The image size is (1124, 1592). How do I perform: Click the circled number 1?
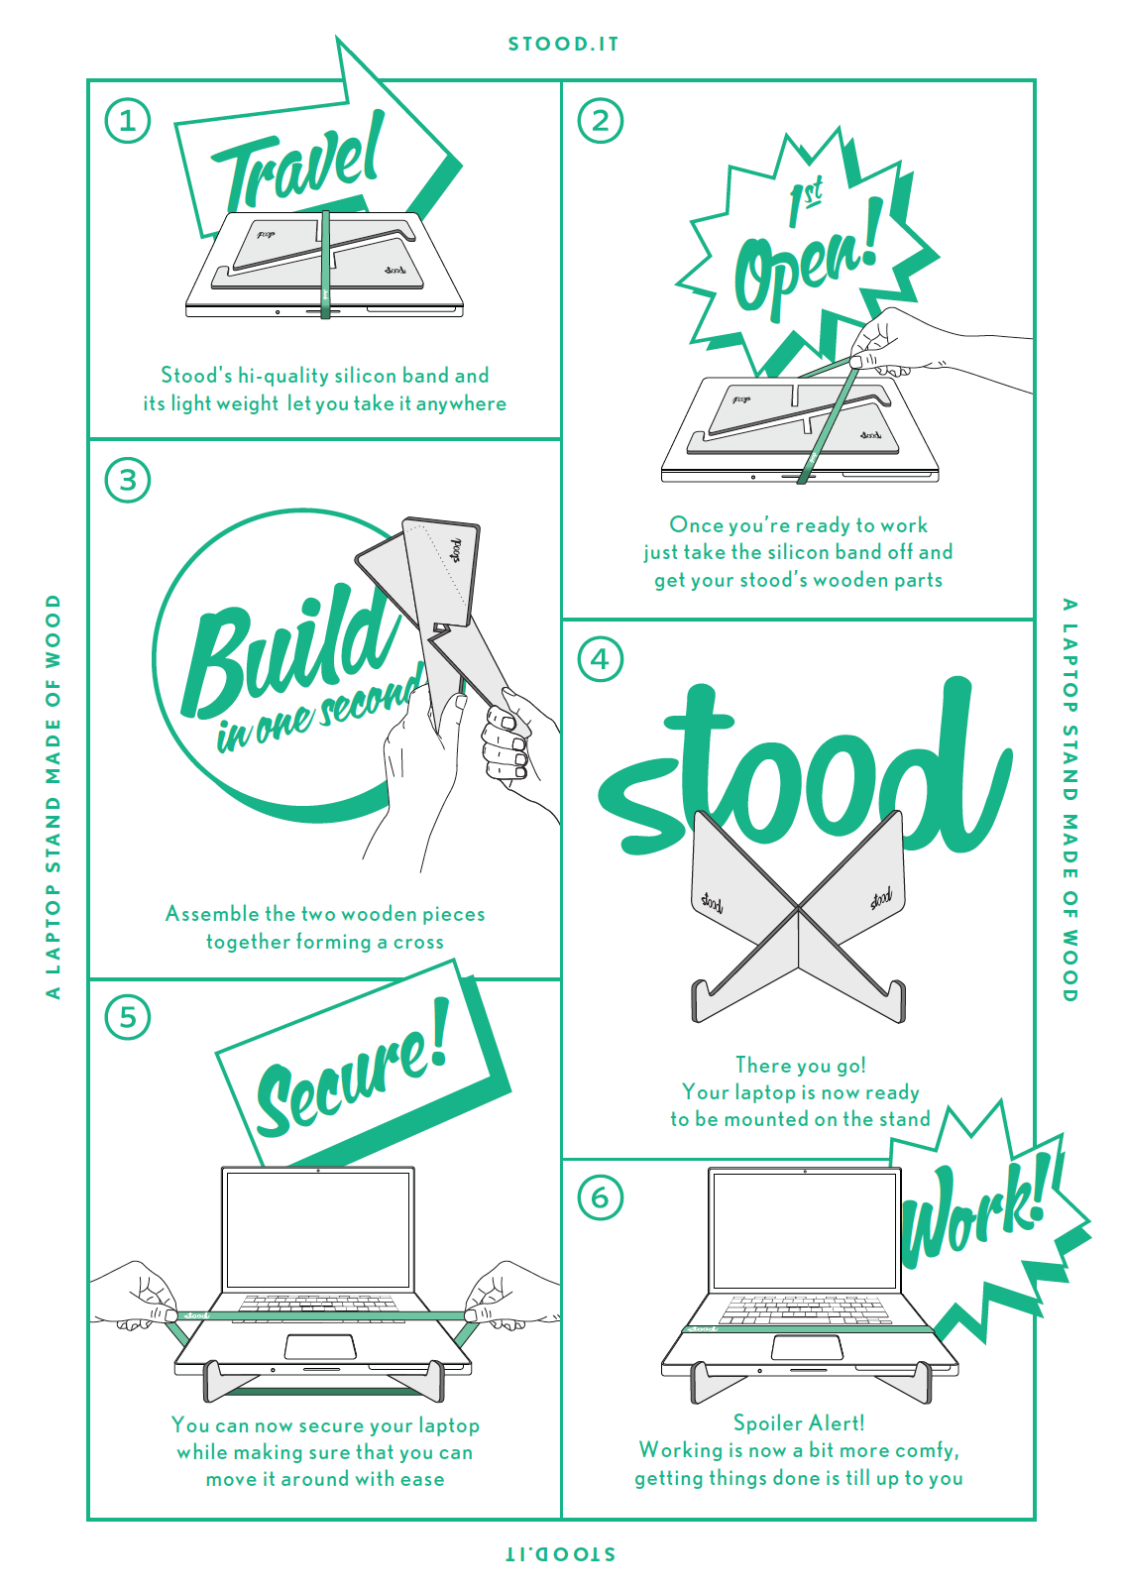click(128, 121)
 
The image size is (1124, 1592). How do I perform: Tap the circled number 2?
click(601, 121)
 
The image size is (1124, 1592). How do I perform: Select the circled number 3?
click(128, 481)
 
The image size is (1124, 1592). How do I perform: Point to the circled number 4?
click(601, 659)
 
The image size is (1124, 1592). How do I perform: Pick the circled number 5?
click(128, 1018)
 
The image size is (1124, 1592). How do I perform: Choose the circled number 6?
click(601, 1197)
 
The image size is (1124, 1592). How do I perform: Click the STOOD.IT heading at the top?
click(563, 45)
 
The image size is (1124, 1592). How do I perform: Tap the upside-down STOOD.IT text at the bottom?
click(561, 1553)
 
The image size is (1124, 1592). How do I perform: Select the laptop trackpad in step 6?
click(807, 1347)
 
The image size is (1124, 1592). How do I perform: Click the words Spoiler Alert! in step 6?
click(799, 1423)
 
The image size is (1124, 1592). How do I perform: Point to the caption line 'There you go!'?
click(801, 1066)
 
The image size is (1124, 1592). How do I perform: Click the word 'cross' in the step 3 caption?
click(418, 942)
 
